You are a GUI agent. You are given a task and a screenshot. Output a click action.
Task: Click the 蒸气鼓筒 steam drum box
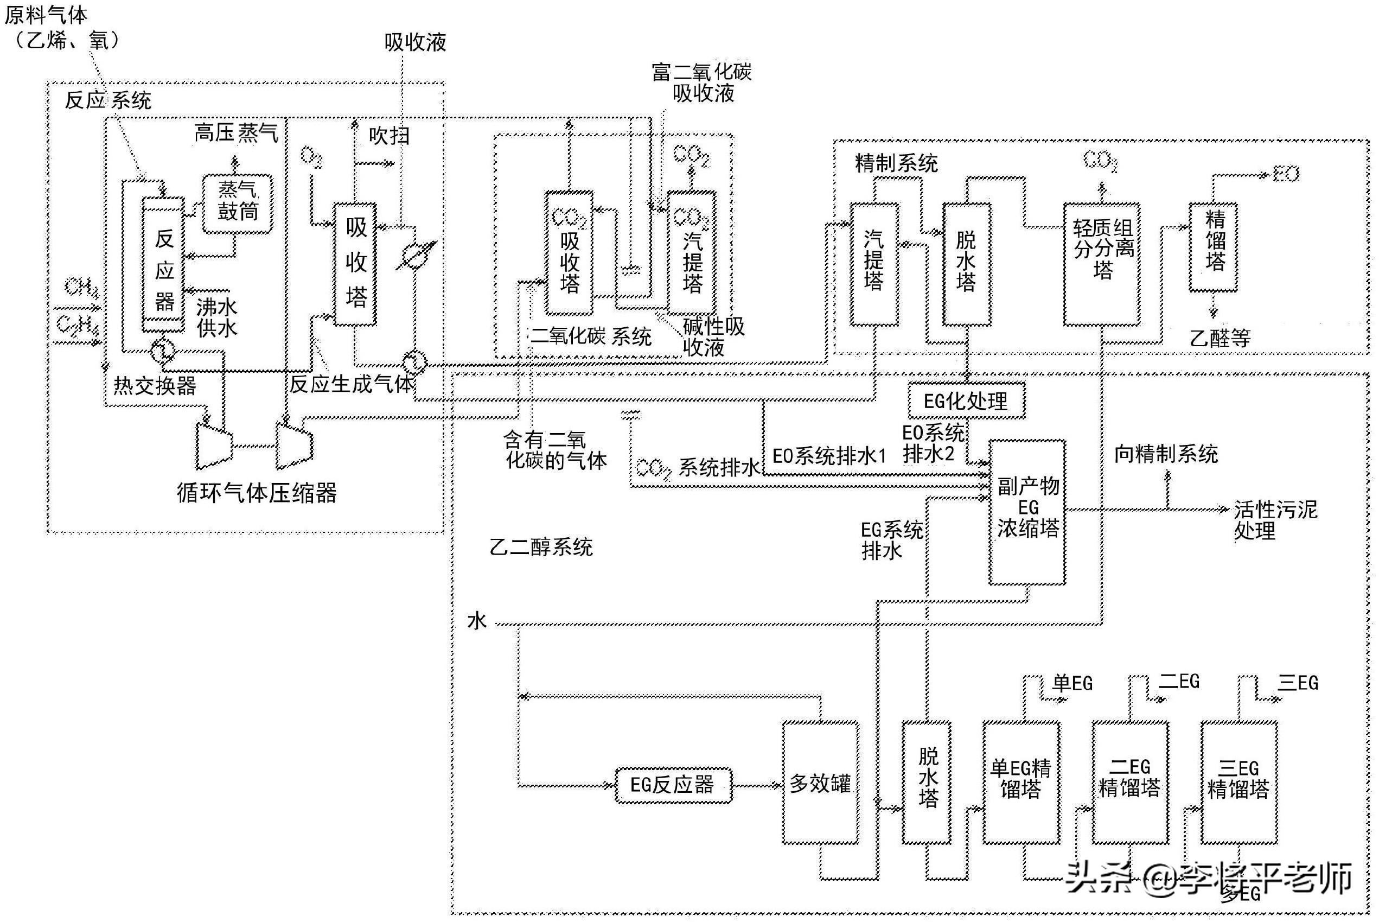(238, 204)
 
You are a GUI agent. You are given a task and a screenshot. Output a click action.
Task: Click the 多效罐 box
(820, 783)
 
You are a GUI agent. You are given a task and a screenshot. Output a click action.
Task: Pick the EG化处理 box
(966, 401)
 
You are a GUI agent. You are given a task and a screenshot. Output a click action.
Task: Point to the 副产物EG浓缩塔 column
(1027, 512)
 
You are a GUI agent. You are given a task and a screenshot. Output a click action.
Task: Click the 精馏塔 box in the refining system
(1212, 247)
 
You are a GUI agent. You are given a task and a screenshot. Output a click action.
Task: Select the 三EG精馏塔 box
(1238, 783)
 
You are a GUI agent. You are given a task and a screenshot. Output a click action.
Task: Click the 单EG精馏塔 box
(1021, 783)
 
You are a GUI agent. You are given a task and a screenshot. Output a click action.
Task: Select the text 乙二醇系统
(541, 548)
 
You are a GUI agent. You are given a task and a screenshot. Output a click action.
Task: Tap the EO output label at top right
(1286, 174)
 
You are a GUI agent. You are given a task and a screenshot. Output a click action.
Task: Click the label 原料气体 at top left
(46, 15)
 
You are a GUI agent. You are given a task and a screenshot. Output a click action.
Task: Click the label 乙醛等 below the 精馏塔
(1220, 338)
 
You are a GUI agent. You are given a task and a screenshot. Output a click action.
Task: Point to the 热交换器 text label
(155, 386)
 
